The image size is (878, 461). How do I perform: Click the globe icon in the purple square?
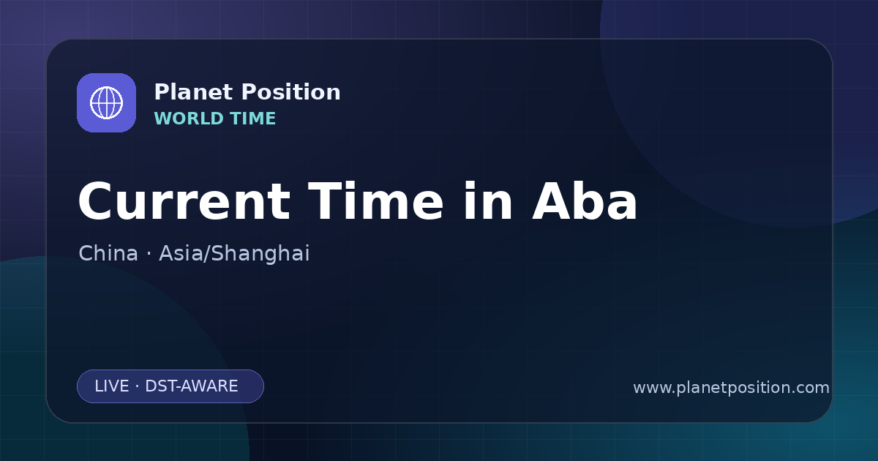click(106, 102)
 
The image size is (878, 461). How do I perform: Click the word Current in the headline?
click(184, 201)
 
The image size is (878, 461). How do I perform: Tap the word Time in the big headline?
click(375, 201)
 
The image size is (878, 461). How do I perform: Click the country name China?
click(108, 253)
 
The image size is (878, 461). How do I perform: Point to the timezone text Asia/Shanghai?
click(234, 254)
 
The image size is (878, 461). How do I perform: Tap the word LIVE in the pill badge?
click(112, 386)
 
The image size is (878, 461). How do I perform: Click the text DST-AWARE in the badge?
click(191, 386)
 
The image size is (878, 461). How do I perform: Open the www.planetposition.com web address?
click(732, 388)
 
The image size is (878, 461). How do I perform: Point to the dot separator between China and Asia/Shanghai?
click(149, 254)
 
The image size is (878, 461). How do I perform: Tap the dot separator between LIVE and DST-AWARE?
click(137, 386)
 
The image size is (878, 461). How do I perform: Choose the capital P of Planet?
click(162, 92)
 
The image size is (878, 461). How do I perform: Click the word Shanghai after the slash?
click(260, 254)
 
